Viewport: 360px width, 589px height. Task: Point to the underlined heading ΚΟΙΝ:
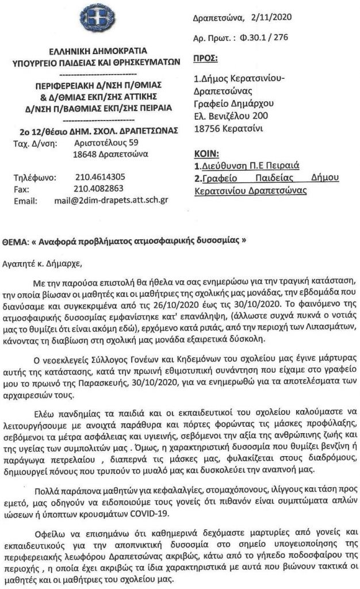(x=205, y=154)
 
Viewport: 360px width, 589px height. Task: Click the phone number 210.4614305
(x=100, y=177)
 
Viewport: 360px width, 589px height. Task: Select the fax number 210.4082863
(x=99, y=188)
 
